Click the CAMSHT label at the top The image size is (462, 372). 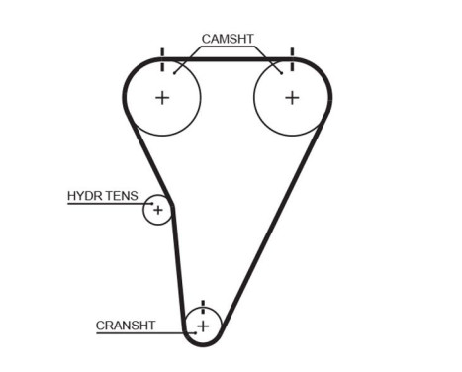(x=228, y=40)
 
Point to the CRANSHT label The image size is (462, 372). (x=124, y=325)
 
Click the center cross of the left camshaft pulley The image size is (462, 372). (x=162, y=97)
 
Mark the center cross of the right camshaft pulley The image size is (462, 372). (x=291, y=97)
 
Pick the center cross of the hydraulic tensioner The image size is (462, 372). (x=157, y=210)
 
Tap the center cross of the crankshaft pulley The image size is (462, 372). (x=203, y=325)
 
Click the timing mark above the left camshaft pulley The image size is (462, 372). (x=161, y=52)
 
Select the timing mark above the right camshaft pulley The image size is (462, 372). (x=292, y=52)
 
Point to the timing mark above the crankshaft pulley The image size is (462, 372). (x=203, y=306)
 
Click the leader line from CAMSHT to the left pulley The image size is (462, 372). (x=189, y=58)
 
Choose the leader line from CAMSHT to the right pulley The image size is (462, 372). (x=268, y=58)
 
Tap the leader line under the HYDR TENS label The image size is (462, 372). (x=104, y=205)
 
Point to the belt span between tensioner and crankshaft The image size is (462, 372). (x=179, y=267)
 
